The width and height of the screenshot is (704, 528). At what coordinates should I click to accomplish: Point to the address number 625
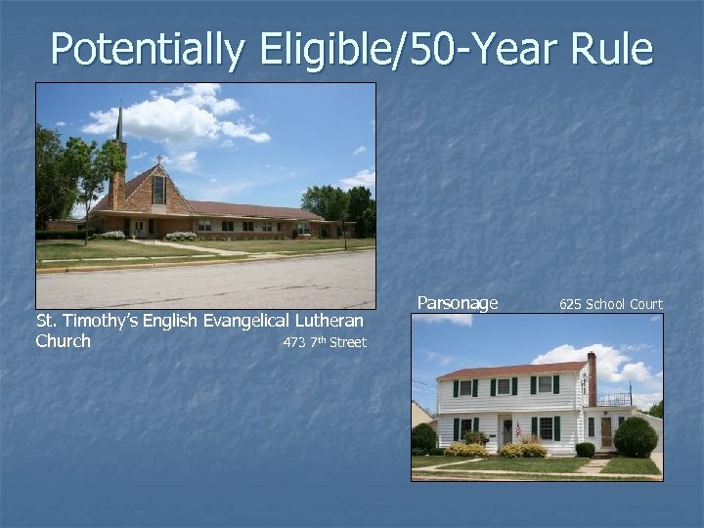coord(570,304)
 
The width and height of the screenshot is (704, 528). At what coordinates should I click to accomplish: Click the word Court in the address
coord(646,304)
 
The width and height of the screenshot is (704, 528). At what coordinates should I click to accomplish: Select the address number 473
coord(294,342)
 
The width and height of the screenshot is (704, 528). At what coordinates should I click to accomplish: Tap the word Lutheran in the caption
coord(328,321)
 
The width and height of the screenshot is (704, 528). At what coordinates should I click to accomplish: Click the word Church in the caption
coord(64,341)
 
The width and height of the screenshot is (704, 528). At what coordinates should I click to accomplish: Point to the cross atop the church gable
coord(157,157)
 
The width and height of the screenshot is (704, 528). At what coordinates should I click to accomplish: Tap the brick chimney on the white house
coord(592,376)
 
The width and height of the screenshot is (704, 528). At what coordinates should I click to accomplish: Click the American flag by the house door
coord(517,428)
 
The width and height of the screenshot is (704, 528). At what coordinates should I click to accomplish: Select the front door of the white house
coord(507,430)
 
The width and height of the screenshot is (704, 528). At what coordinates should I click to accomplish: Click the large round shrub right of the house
coord(636,436)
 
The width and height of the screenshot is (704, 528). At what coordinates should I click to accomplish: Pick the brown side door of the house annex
coord(606,431)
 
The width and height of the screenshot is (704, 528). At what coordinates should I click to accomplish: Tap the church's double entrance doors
coord(143,228)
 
